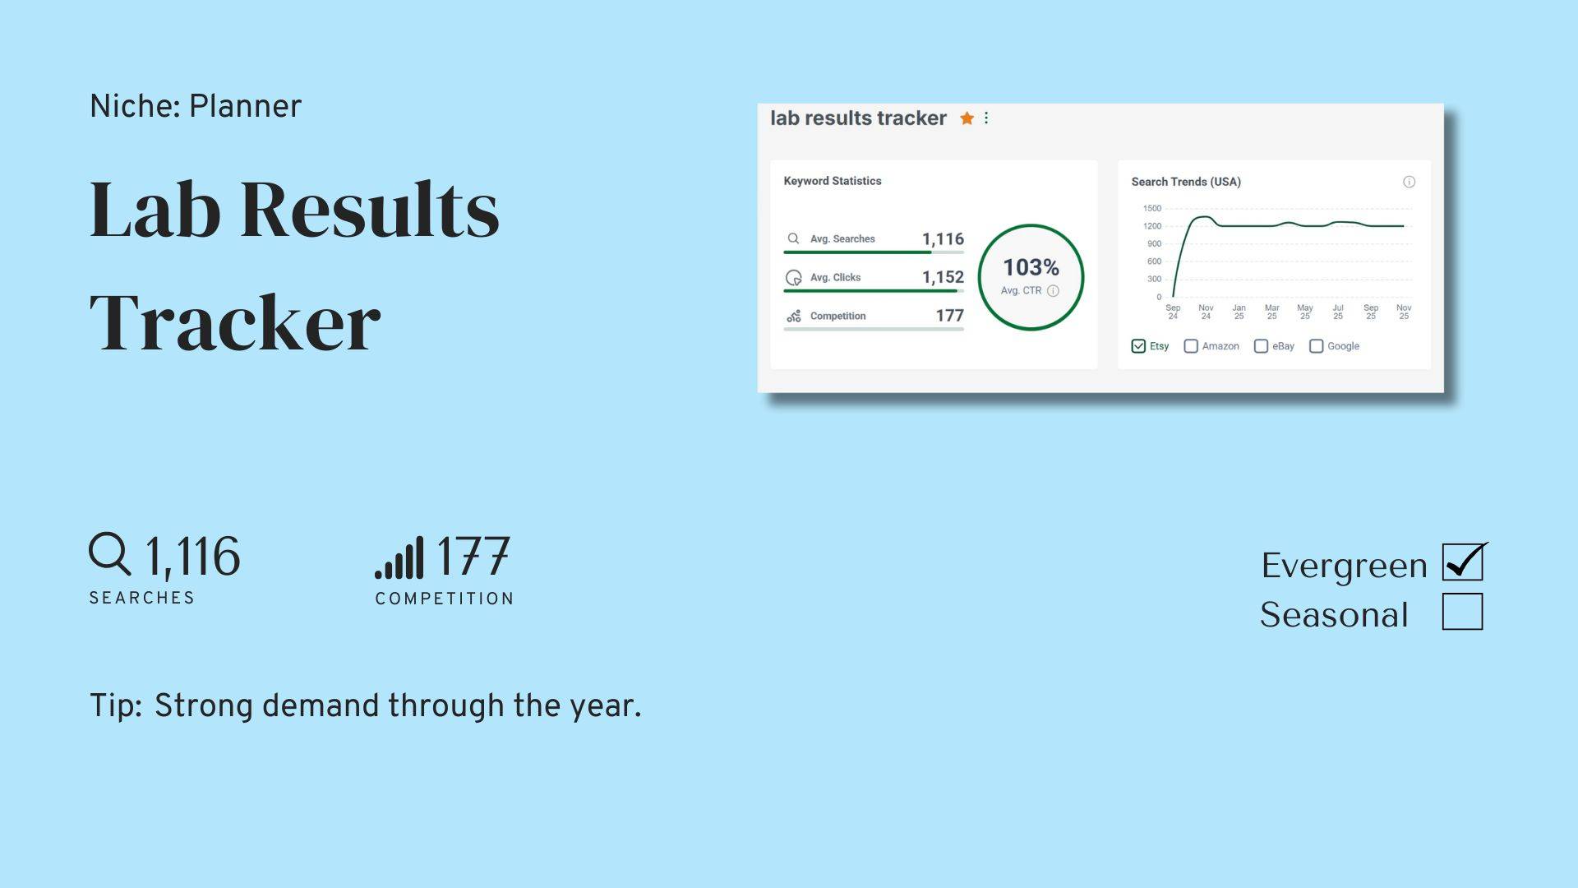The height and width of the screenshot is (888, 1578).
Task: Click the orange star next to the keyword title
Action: pos(967,118)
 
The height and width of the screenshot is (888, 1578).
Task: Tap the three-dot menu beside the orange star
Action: pos(986,118)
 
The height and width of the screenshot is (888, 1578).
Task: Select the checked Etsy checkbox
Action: pos(1138,346)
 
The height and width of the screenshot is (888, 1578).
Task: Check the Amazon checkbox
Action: pos(1191,346)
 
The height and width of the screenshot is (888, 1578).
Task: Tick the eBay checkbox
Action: pos(1261,346)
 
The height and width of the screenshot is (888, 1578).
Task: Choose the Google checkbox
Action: pos(1316,346)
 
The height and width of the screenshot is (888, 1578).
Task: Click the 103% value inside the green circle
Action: pos(1031,267)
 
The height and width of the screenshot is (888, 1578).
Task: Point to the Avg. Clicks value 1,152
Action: pos(943,277)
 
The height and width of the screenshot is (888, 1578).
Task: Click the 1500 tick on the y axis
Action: pos(1152,208)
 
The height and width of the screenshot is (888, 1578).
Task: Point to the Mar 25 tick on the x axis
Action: pos(1272,312)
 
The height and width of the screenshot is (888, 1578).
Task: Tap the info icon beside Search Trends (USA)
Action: pos(1409,182)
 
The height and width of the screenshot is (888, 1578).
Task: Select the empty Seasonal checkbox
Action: pos(1463,612)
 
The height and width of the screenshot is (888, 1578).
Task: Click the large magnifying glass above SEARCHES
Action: pos(109,553)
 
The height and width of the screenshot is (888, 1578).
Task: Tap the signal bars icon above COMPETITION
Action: pos(399,557)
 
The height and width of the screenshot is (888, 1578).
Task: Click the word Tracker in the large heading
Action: pos(235,322)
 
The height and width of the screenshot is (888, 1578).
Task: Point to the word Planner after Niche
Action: pos(245,106)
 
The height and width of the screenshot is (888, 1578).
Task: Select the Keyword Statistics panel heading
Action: pos(833,181)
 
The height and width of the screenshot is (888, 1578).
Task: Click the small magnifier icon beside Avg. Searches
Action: pos(793,238)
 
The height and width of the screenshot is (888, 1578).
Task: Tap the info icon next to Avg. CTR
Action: pos(1053,290)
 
